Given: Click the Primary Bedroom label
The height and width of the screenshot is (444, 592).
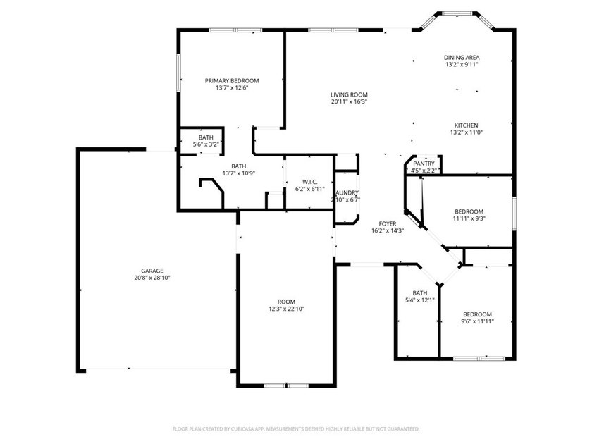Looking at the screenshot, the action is [232, 81].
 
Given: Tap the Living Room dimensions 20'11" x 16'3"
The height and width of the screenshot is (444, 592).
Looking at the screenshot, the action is [350, 101].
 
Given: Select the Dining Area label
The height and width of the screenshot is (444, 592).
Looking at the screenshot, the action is [462, 58].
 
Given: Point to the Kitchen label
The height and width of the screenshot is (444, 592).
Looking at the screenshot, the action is [467, 125].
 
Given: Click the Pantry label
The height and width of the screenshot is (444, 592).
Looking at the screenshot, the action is [424, 164].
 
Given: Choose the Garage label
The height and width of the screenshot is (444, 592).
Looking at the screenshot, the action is [152, 271].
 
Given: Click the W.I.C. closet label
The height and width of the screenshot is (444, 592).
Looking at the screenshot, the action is [310, 182].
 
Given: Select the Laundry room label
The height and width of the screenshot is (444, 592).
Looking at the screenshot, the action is [347, 193].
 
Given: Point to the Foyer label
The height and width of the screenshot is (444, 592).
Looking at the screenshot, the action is [388, 224].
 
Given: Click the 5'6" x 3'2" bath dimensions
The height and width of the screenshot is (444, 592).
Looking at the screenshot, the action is [206, 144].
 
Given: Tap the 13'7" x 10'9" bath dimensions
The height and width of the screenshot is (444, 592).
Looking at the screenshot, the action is [239, 173].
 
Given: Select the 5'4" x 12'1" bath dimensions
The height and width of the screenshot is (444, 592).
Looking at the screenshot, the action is [420, 300].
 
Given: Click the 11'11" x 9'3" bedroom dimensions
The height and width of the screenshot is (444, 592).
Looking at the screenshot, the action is [469, 218].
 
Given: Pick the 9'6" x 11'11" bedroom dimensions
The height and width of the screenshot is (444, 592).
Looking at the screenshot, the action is [478, 321].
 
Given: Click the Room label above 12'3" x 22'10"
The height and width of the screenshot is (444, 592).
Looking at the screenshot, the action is [286, 302].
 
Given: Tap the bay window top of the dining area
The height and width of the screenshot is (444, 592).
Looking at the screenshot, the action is [457, 13].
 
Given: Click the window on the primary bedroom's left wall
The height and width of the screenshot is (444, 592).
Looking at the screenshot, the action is [178, 73].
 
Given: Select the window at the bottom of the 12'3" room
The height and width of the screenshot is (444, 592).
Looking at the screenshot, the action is [286, 386].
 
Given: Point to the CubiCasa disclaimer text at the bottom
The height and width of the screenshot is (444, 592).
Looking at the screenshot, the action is [296, 429].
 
